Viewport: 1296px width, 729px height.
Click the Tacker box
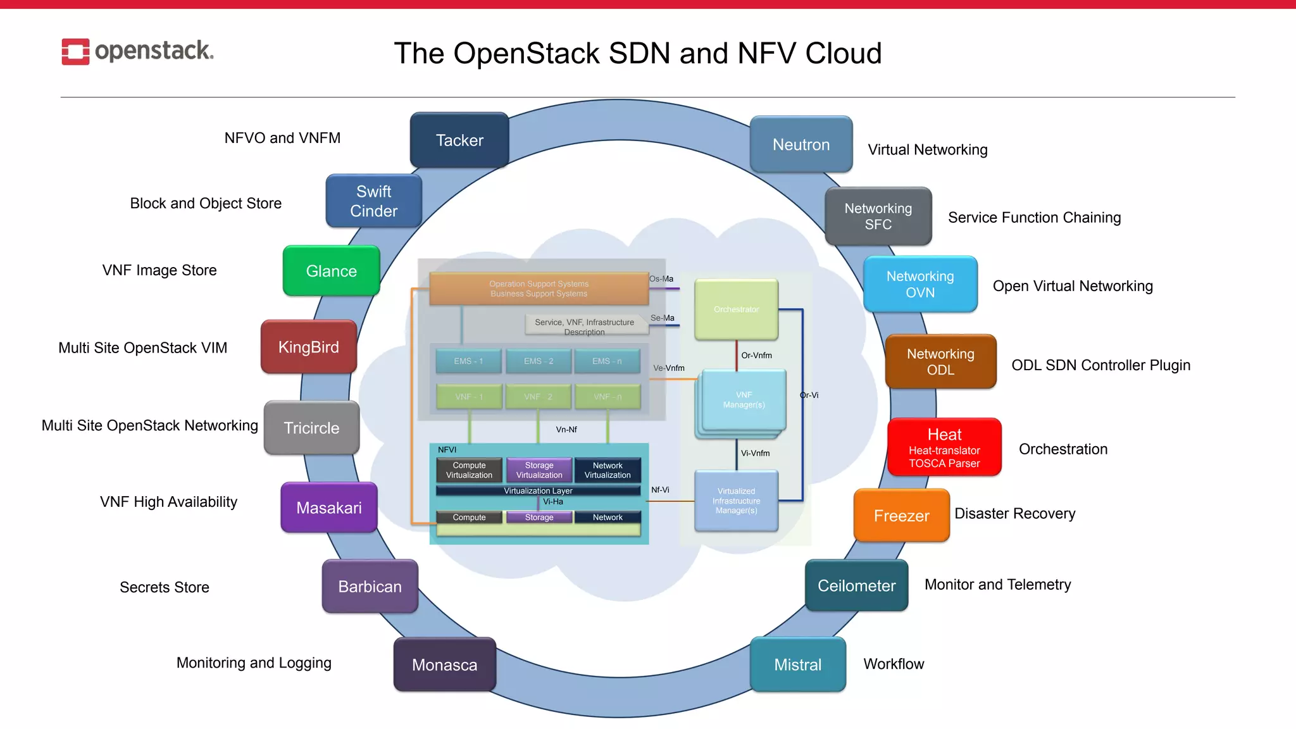pyautogui.click(x=459, y=140)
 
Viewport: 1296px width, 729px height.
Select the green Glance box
pyautogui.click(x=331, y=271)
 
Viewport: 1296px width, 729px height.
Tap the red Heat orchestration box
pyautogui.click(x=944, y=447)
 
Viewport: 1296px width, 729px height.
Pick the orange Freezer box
pyautogui.click(x=901, y=515)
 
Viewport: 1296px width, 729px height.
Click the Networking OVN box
pyautogui.click(x=920, y=284)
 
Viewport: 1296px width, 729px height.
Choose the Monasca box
pyautogui.click(x=444, y=664)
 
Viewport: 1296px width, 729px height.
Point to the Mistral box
pyautogui.click(x=797, y=664)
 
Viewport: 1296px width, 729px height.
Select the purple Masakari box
pyautogui.click(x=329, y=508)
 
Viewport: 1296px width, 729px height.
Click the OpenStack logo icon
pyautogui.click(x=75, y=51)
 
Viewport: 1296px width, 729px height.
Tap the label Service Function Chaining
pyautogui.click(x=1034, y=218)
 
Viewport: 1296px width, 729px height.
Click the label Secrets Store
pyautogui.click(x=165, y=587)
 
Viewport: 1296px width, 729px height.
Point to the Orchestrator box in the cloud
pyautogui.click(x=736, y=309)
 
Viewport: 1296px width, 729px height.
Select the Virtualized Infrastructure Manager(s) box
pyautogui.click(x=736, y=501)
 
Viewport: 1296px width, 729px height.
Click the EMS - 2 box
pyautogui.click(x=539, y=361)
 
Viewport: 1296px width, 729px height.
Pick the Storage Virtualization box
pyautogui.click(x=539, y=470)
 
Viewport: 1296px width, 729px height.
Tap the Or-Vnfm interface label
pyautogui.click(x=756, y=356)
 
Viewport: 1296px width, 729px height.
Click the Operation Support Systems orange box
pyautogui.click(x=539, y=289)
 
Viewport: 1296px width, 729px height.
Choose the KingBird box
pyautogui.click(x=309, y=347)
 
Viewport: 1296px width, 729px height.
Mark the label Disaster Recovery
pyautogui.click(x=1014, y=514)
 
